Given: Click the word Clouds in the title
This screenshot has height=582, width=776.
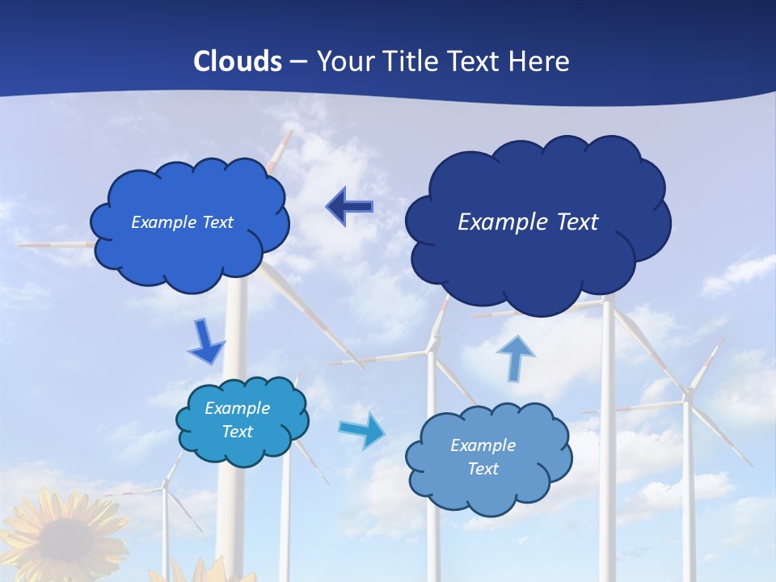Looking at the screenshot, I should point(238,61).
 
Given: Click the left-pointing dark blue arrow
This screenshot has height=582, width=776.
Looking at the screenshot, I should point(350,208).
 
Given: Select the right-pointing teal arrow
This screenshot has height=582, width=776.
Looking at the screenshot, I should point(361,430).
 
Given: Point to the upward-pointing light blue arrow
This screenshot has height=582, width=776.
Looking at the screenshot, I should point(515,357).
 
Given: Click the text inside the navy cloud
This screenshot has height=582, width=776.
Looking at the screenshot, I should point(528,222).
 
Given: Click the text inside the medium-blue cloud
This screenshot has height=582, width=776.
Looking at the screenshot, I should point(182,222).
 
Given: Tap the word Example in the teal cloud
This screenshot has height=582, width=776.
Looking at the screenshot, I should point(237,408).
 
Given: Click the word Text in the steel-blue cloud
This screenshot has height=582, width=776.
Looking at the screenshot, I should point(483,469).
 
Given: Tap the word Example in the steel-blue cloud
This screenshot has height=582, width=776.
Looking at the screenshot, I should point(483,445).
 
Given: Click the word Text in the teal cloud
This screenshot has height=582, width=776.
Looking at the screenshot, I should point(237,432).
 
